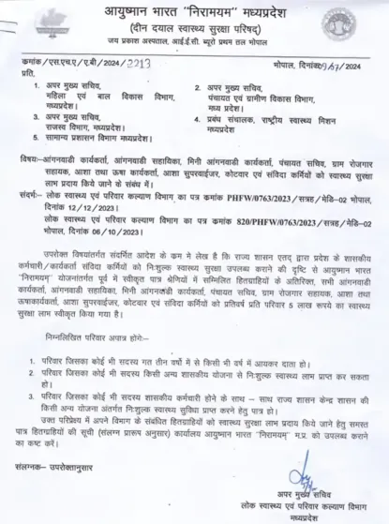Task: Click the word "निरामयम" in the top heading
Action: tap(217, 12)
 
